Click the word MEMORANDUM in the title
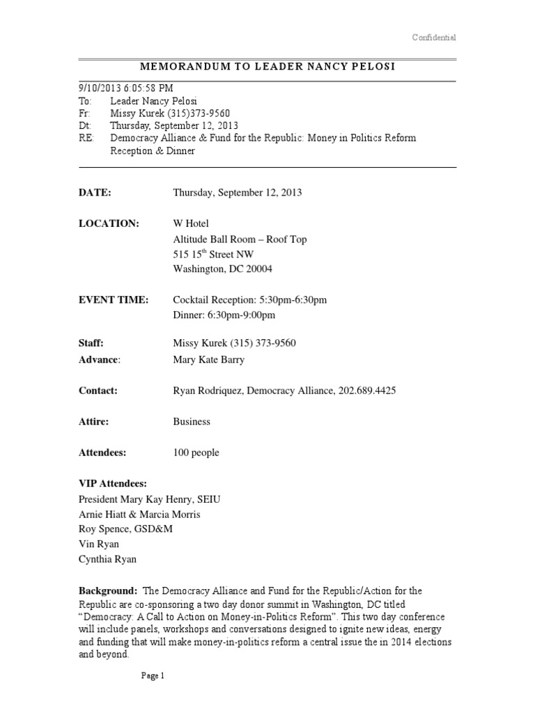[x=177, y=66]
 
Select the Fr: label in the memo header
[x=84, y=113]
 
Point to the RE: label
[x=86, y=138]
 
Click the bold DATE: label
[x=95, y=192]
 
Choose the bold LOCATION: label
[x=109, y=224]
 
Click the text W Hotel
[x=191, y=224]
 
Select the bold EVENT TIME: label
[x=113, y=299]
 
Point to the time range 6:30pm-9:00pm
[x=240, y=315]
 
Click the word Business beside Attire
[x=192, y=421]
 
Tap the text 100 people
[x=196, y=453]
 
